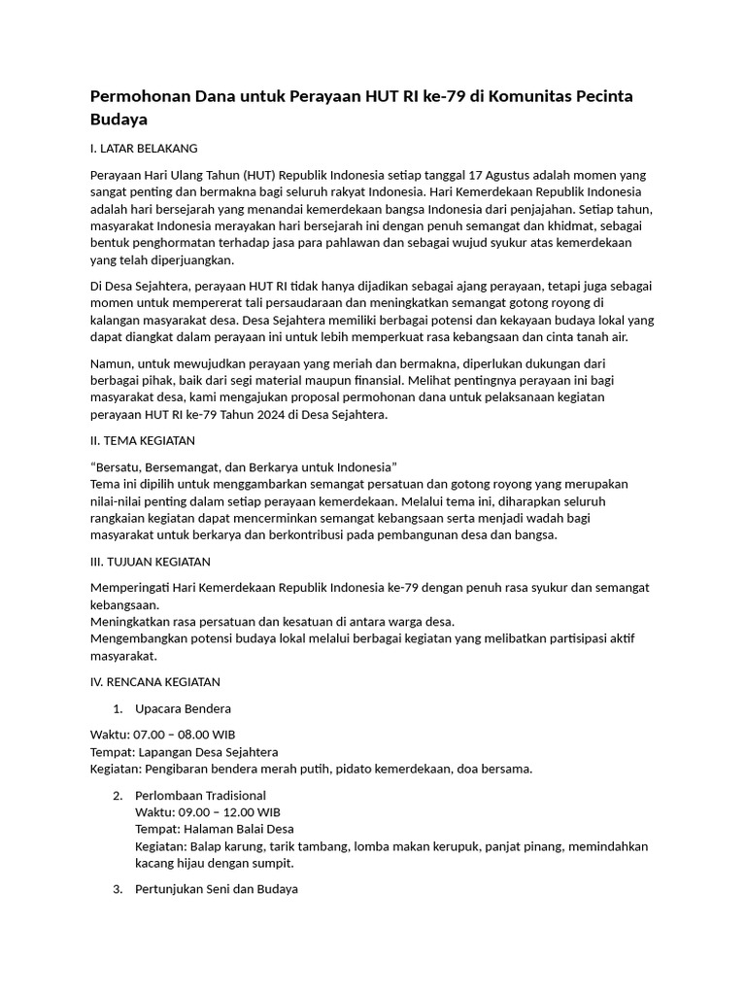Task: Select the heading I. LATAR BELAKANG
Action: click(x=144, y=149)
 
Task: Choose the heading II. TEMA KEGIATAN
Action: click(x=143, y=440)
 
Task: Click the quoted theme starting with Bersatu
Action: click(x=244, y=466)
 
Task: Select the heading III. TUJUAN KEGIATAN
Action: click(x=151, y=562)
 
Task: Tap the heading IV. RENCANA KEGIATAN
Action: click(x=155, y=682)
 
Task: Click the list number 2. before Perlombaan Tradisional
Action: click(x=118, y=795)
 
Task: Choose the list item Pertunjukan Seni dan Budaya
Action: click(x=217, y=888)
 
